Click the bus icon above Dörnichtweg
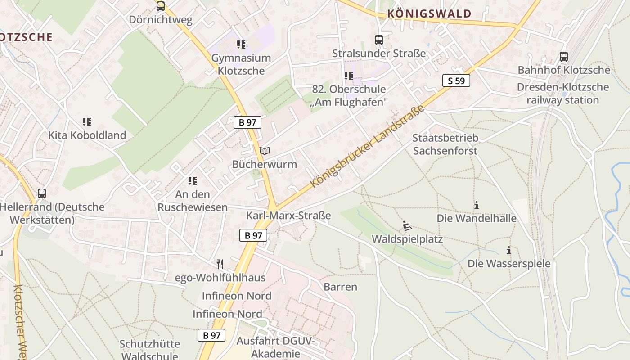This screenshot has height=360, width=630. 161,6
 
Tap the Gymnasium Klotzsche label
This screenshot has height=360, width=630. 241,64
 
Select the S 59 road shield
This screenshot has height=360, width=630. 456,81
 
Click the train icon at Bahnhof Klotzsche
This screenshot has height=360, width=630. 564,57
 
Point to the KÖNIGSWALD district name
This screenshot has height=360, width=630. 429,13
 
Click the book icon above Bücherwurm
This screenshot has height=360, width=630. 265,151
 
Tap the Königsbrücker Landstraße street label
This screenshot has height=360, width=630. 368,147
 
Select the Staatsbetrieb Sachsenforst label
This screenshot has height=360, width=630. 445,144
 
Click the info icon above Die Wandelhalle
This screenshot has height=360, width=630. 477,206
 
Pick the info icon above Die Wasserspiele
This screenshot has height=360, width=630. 509,250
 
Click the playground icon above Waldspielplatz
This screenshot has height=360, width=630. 407,225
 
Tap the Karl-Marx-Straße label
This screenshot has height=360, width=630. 288,216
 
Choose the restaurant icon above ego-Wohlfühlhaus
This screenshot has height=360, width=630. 220,264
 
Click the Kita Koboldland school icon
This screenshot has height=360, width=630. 87,122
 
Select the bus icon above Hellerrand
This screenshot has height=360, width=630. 42,193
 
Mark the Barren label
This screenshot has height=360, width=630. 340,287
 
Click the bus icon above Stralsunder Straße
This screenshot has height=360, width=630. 379,40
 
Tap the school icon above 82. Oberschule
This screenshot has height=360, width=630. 349,76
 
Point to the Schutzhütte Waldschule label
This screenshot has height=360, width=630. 150,350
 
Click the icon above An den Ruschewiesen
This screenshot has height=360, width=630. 193,181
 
